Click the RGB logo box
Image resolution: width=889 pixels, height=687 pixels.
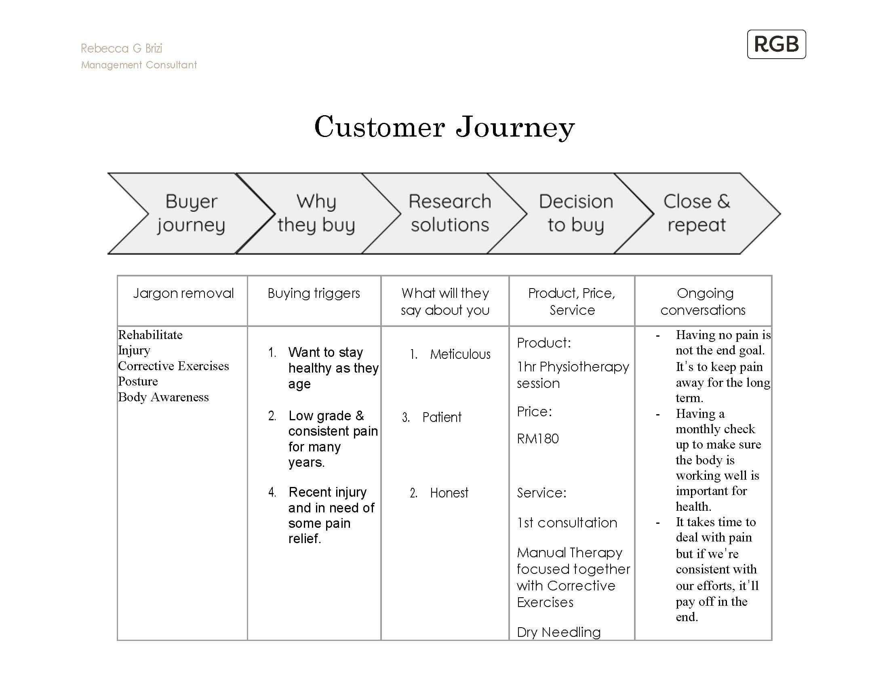point(776,44)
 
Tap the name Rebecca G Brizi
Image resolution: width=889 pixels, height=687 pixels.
point(121,48)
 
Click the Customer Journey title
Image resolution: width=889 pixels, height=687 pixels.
point(444,127)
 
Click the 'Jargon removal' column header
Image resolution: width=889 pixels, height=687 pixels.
point(183,293)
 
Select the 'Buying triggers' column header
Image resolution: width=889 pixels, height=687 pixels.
point(314,293)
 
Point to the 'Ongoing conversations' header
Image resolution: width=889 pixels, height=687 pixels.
point(703,301)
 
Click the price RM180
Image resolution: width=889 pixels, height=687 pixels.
point(538,438)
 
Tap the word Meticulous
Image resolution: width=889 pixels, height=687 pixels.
point(460,354)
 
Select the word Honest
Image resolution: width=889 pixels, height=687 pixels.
point(449,493)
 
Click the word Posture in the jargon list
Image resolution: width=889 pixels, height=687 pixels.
point(138,381)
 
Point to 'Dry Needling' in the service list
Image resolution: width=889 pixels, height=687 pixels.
point(558,632)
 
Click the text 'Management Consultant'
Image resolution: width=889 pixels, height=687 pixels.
point(139,65)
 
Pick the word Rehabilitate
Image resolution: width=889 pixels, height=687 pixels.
point(150,335)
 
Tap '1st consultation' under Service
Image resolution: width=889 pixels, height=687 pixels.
point(567,523)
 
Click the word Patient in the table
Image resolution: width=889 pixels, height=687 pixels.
point(442,417)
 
